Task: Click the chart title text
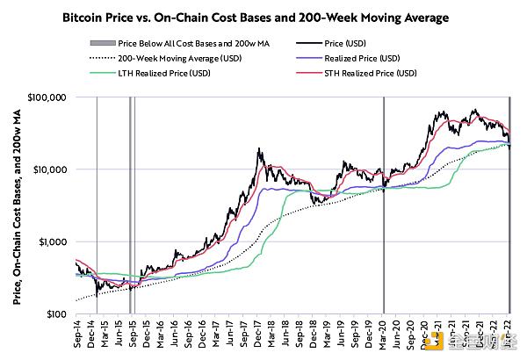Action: pos(263,15)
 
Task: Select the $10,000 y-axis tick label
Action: pos(52,169)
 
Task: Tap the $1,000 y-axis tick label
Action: pos(54,241)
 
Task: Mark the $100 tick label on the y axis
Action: pos(58,313)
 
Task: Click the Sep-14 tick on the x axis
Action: pos(78,334)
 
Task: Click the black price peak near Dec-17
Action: pos(258,150)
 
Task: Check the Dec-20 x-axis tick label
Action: pos(424,334)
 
